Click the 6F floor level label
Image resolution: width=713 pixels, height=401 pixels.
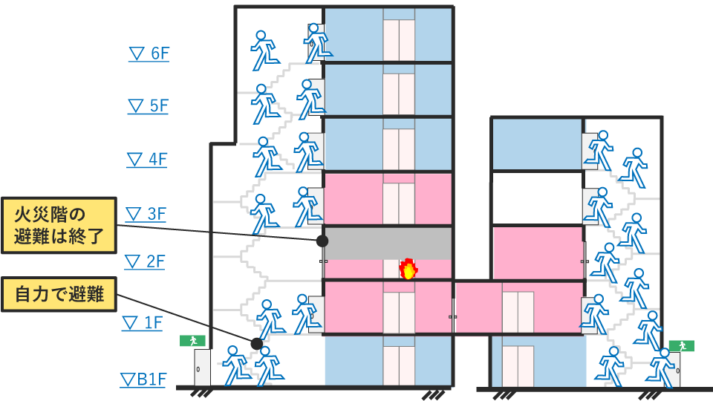(x=149, y=53)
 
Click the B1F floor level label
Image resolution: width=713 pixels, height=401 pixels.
(x=143, y=380)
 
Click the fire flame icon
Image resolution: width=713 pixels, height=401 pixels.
(x=408, y=269)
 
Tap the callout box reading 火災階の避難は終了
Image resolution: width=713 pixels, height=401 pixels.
(x=59, y=226)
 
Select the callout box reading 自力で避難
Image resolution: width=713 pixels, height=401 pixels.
(x=59, y=296)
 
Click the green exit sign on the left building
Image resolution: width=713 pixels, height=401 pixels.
(x=192, y=341)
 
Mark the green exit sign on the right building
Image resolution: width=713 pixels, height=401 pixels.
(x=681, y=346)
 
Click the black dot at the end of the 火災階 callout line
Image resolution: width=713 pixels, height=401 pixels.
(x=322, y=241)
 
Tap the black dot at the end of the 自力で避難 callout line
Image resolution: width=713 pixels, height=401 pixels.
(x=257, y=344)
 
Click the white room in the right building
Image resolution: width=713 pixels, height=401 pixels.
(x=537, y=198)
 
